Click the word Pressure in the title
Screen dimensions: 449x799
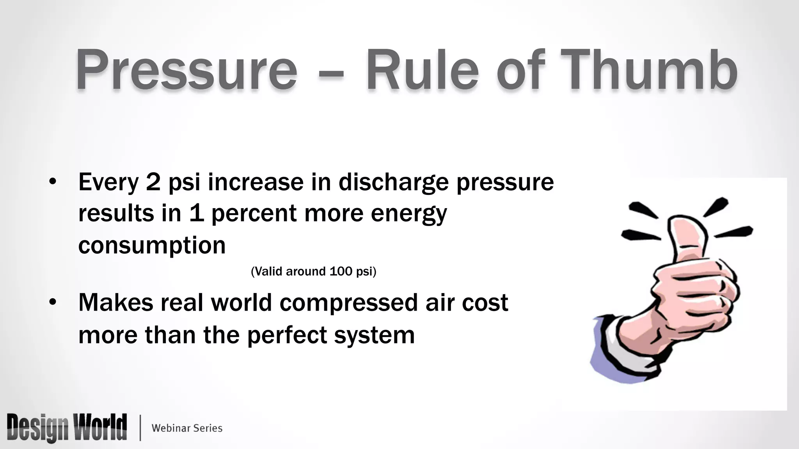(186, 70)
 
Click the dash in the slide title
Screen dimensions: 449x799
(331, 72)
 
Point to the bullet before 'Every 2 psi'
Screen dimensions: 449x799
(53, 182)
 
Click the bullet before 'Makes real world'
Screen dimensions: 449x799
(53, 302)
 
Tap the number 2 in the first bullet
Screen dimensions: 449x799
(153, 182)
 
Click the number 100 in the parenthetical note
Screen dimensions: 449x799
(341, 271)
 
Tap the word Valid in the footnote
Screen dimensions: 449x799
(268, 271)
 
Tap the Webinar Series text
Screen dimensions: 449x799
(187, 428)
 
